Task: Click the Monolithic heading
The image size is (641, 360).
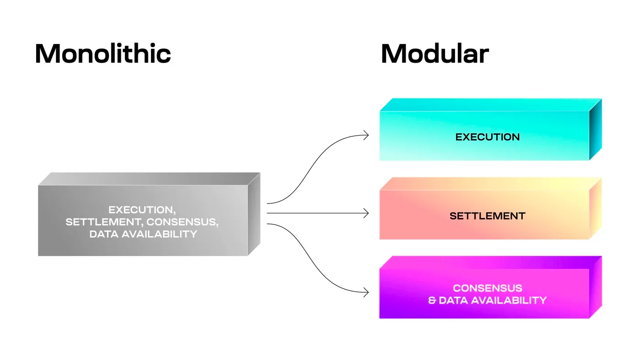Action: [x=103, y=54]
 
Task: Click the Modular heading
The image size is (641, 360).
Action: [x=435, y=54]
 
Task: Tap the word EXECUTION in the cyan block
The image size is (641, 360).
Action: [x=487, y=137]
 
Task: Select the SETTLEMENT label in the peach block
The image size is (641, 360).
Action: [x=487, y=216]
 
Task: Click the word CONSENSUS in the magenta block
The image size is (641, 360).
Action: [x=487, y=288]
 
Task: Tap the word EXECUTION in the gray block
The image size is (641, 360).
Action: [x=141, y=210]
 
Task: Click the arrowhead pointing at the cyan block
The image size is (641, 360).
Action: [x=366, y=135]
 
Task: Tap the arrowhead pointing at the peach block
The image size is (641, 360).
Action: [x=366, y=213]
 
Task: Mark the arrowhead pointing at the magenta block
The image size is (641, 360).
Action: [x=366, y=292]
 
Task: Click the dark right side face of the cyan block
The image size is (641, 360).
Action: [x=595, y=131]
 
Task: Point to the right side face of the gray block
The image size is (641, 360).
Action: [x=254, y=214]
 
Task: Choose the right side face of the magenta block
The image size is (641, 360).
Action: [x=595, y=288]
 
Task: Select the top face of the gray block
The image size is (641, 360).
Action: [x=149, y=179]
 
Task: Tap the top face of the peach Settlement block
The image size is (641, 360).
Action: [x=490, y=184]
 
